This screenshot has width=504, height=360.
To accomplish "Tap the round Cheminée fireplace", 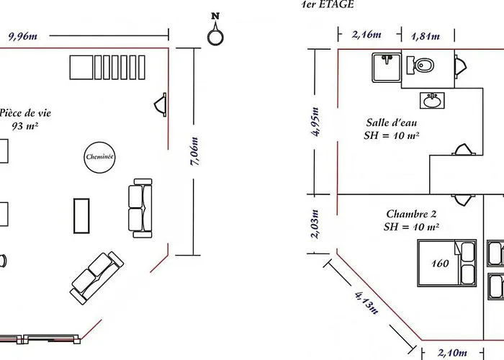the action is tap(99, 157).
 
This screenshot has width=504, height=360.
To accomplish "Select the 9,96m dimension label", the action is tap(23, 36).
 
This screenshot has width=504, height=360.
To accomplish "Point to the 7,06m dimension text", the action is tap(194, 151).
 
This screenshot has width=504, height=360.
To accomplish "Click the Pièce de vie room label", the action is tap(25, 113).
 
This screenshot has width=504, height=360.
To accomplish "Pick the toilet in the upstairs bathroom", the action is tap(420, 66).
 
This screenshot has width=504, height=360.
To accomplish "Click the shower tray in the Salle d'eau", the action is tap(387, 68).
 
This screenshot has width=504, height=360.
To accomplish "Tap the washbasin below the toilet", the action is tap(432, 100).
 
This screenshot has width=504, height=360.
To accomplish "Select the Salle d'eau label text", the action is tap(392, 122).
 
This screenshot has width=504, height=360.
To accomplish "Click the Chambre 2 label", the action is tap(411, 214).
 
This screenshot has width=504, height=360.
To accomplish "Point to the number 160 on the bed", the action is tap(440, 264).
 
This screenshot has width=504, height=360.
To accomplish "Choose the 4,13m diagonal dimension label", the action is tap(366, 303).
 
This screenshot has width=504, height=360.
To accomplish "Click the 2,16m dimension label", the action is tap(366, 35).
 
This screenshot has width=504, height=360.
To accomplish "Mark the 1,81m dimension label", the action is tap(426, 36).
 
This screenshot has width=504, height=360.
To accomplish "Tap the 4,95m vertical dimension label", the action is tap(315, 122).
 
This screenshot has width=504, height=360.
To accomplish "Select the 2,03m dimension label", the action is tap(315, 225).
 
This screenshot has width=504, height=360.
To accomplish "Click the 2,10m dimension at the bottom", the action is tap(452, 353).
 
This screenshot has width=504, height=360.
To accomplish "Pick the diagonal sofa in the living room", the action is tap(96, 278).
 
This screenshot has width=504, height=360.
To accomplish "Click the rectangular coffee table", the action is tap(81, 216).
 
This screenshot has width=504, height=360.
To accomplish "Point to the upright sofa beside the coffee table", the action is tap(140, 208).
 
